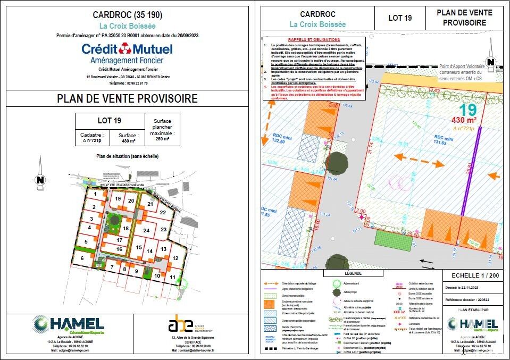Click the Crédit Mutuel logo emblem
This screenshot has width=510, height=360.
126,49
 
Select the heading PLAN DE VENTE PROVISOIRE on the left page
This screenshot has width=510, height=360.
127,99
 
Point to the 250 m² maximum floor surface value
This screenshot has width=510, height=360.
162,138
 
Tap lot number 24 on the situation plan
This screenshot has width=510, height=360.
146,231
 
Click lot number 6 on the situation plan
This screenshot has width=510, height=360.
82,258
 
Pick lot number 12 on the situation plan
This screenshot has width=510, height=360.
175,258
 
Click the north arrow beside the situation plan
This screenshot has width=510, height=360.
40,180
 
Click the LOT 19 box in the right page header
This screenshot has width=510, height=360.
400,18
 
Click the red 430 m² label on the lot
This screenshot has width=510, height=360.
464,120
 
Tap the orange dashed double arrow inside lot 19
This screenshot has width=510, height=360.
420,160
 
